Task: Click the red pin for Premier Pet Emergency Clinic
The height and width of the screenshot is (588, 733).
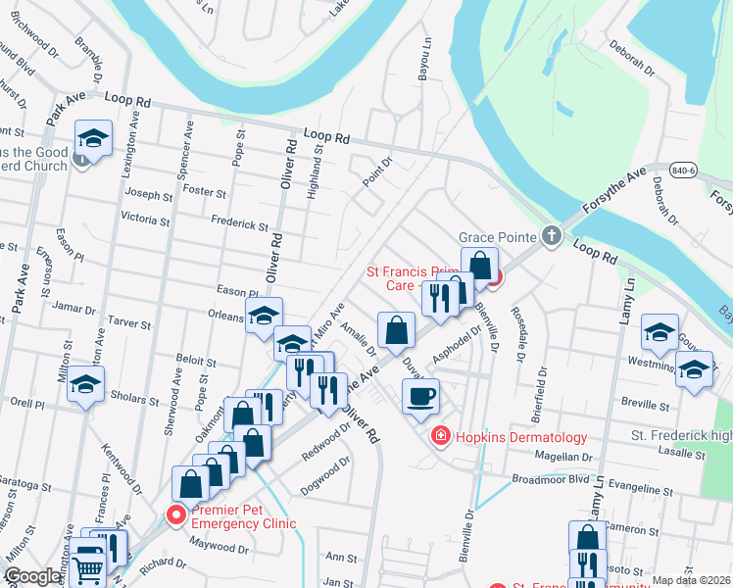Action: [x=177, y=514]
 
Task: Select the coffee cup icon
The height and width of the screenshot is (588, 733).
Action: [x=421, y=397]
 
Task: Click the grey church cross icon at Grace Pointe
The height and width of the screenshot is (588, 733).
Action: [x=552, y=236]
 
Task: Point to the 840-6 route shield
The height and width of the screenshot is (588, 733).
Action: [x=686, y=171]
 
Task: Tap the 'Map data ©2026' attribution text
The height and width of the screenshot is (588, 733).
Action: [x=691, y=580]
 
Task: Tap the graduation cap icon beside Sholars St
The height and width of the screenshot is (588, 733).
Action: [x=85, y=385]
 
